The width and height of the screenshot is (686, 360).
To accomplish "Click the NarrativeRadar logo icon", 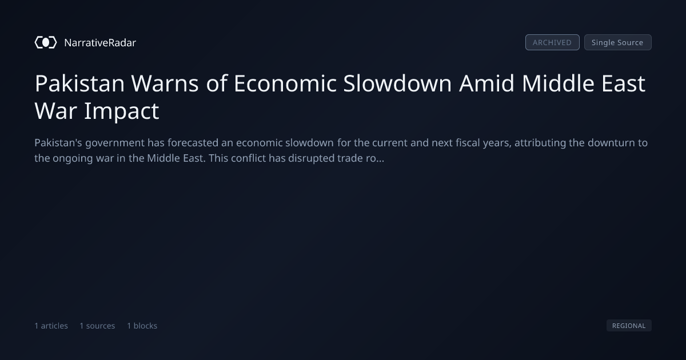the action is [x=46, y=42].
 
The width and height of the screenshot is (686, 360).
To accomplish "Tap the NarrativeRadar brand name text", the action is [x=100, y=42].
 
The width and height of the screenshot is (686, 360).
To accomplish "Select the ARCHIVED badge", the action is [x=552, y=42].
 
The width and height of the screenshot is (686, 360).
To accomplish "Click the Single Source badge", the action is [x=618, y=42].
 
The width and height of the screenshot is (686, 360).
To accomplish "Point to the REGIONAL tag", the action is [x=629, y=325].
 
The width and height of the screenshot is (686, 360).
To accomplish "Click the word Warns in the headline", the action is [x=165, y=83].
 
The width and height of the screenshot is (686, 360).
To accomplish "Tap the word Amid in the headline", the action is [x=486, y=83].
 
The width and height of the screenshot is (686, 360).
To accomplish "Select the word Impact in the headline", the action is [x=122, y=111].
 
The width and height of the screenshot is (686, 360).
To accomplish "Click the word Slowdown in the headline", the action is [x=397, y=83].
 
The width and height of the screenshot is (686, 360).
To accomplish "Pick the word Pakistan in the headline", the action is [x=79, y=83].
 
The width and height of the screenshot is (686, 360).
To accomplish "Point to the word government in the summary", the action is [x=115, y=143].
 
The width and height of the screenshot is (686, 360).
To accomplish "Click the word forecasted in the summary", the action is [x=193, y=143].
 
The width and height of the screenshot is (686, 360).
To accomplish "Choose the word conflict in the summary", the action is [x=248, y=158].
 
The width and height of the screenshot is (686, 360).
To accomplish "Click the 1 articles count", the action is [x=51, y=326].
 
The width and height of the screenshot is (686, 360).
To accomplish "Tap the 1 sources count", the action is [x=97, y=326].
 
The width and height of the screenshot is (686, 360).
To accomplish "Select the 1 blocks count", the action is [x=142, y=326].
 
